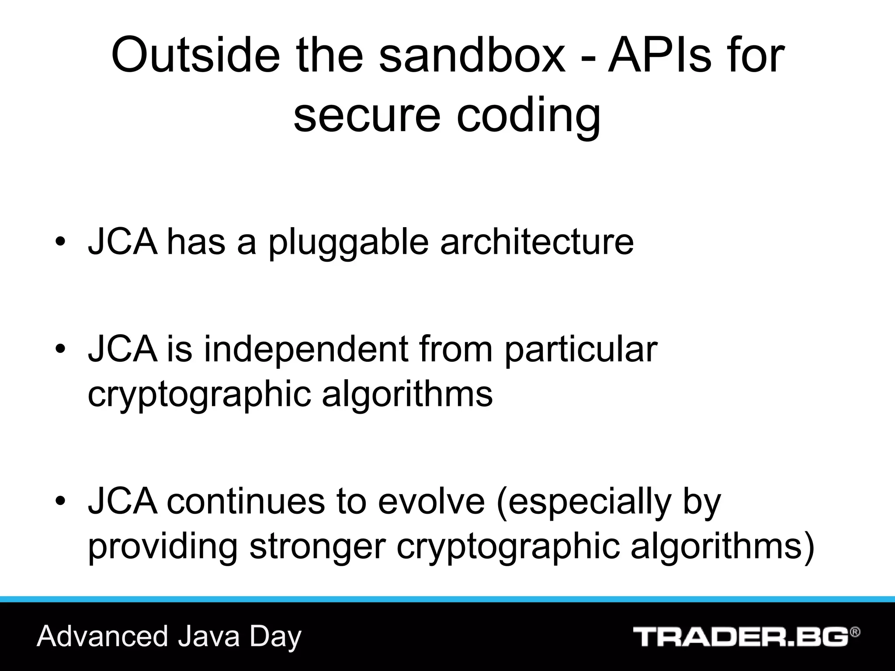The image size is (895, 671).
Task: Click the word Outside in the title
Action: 195,56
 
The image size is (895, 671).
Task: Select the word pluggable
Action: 348,243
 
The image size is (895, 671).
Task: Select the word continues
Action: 246,501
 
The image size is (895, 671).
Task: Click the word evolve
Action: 431,501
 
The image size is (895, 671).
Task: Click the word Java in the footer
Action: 209,636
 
